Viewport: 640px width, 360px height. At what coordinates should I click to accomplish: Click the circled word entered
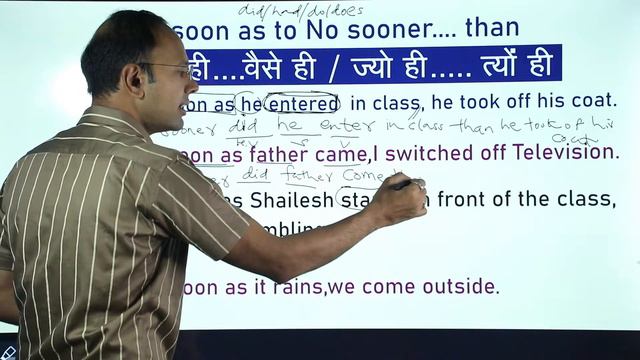coord(303,101)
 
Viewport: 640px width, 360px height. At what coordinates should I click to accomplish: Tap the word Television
coord(565,153)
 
